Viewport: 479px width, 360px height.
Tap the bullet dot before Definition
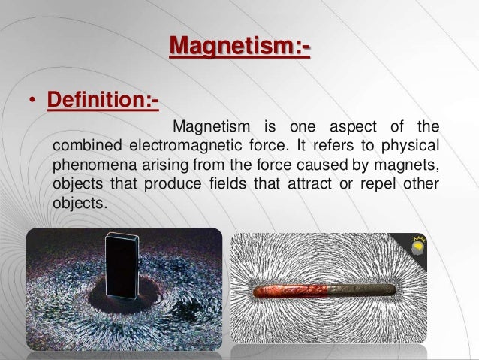pos(33,101)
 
